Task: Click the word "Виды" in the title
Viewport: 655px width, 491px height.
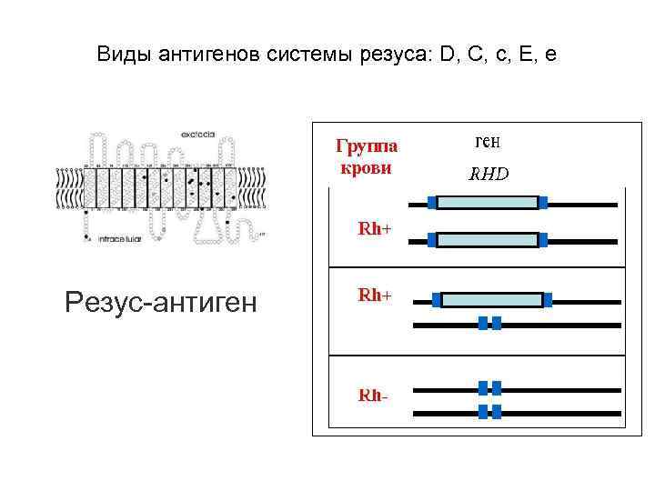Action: (123, 55)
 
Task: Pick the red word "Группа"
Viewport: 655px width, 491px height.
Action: (367, 146)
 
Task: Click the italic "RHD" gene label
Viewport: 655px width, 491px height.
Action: (489, 174)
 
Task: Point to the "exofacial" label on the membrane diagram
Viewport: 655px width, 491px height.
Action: (197, 134)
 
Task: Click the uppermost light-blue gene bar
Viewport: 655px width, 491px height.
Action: (488, 202)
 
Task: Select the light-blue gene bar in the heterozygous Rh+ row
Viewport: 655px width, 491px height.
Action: (491, 299)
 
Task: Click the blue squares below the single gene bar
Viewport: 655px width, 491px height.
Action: (489, 323)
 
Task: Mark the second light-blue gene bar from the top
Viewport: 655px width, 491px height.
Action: (488, 240)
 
